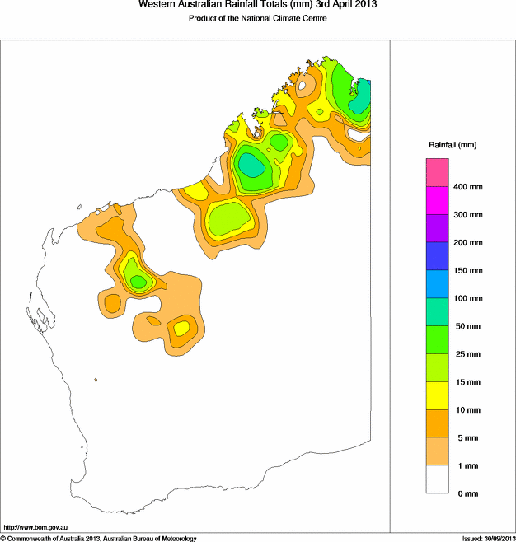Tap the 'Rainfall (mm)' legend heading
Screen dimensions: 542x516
click(453, 145)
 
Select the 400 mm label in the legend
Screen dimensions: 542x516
click(468, 187)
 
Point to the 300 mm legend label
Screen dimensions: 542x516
click(468, 215)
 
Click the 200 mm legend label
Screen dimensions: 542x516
click(468, 243)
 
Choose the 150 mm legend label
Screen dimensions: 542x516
click(468, 270)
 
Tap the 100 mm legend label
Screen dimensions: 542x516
click(468, 298)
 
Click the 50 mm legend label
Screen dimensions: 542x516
click(467, 326)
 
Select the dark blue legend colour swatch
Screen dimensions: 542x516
click(437, 256)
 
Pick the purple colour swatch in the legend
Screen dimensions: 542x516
click(437, 228)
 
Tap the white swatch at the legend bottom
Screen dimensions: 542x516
click(437, 479)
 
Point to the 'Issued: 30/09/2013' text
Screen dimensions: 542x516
click(488, 538)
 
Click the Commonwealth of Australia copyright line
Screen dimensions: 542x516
click(99, 538)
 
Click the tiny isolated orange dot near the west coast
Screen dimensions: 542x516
click(96, 380)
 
